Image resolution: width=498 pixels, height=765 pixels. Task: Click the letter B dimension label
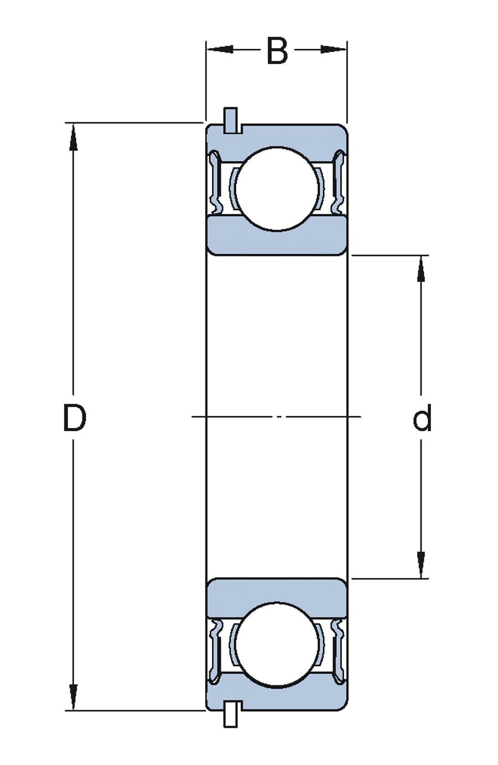tap(277, 51)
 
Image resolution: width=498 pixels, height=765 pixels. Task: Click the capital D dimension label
tap(74, 418)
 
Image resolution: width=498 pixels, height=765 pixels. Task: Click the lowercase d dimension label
tap(422, 418)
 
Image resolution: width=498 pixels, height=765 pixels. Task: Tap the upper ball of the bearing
tap(277, 188)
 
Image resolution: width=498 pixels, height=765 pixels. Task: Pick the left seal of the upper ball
tap(215, 182)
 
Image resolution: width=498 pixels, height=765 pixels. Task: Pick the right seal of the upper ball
tap(339, 182)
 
